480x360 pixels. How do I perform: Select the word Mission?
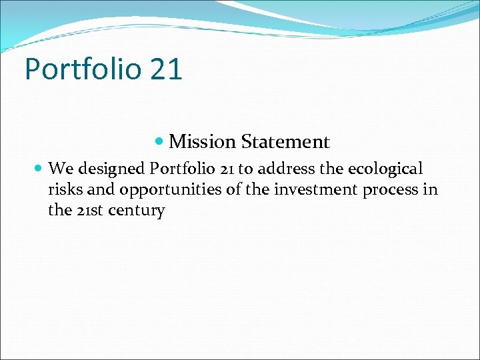click(x=202, y=142)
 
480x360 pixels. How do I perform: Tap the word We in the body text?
click(x=60, y=168)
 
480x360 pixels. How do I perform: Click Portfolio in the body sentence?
click(x=176, y=168)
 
